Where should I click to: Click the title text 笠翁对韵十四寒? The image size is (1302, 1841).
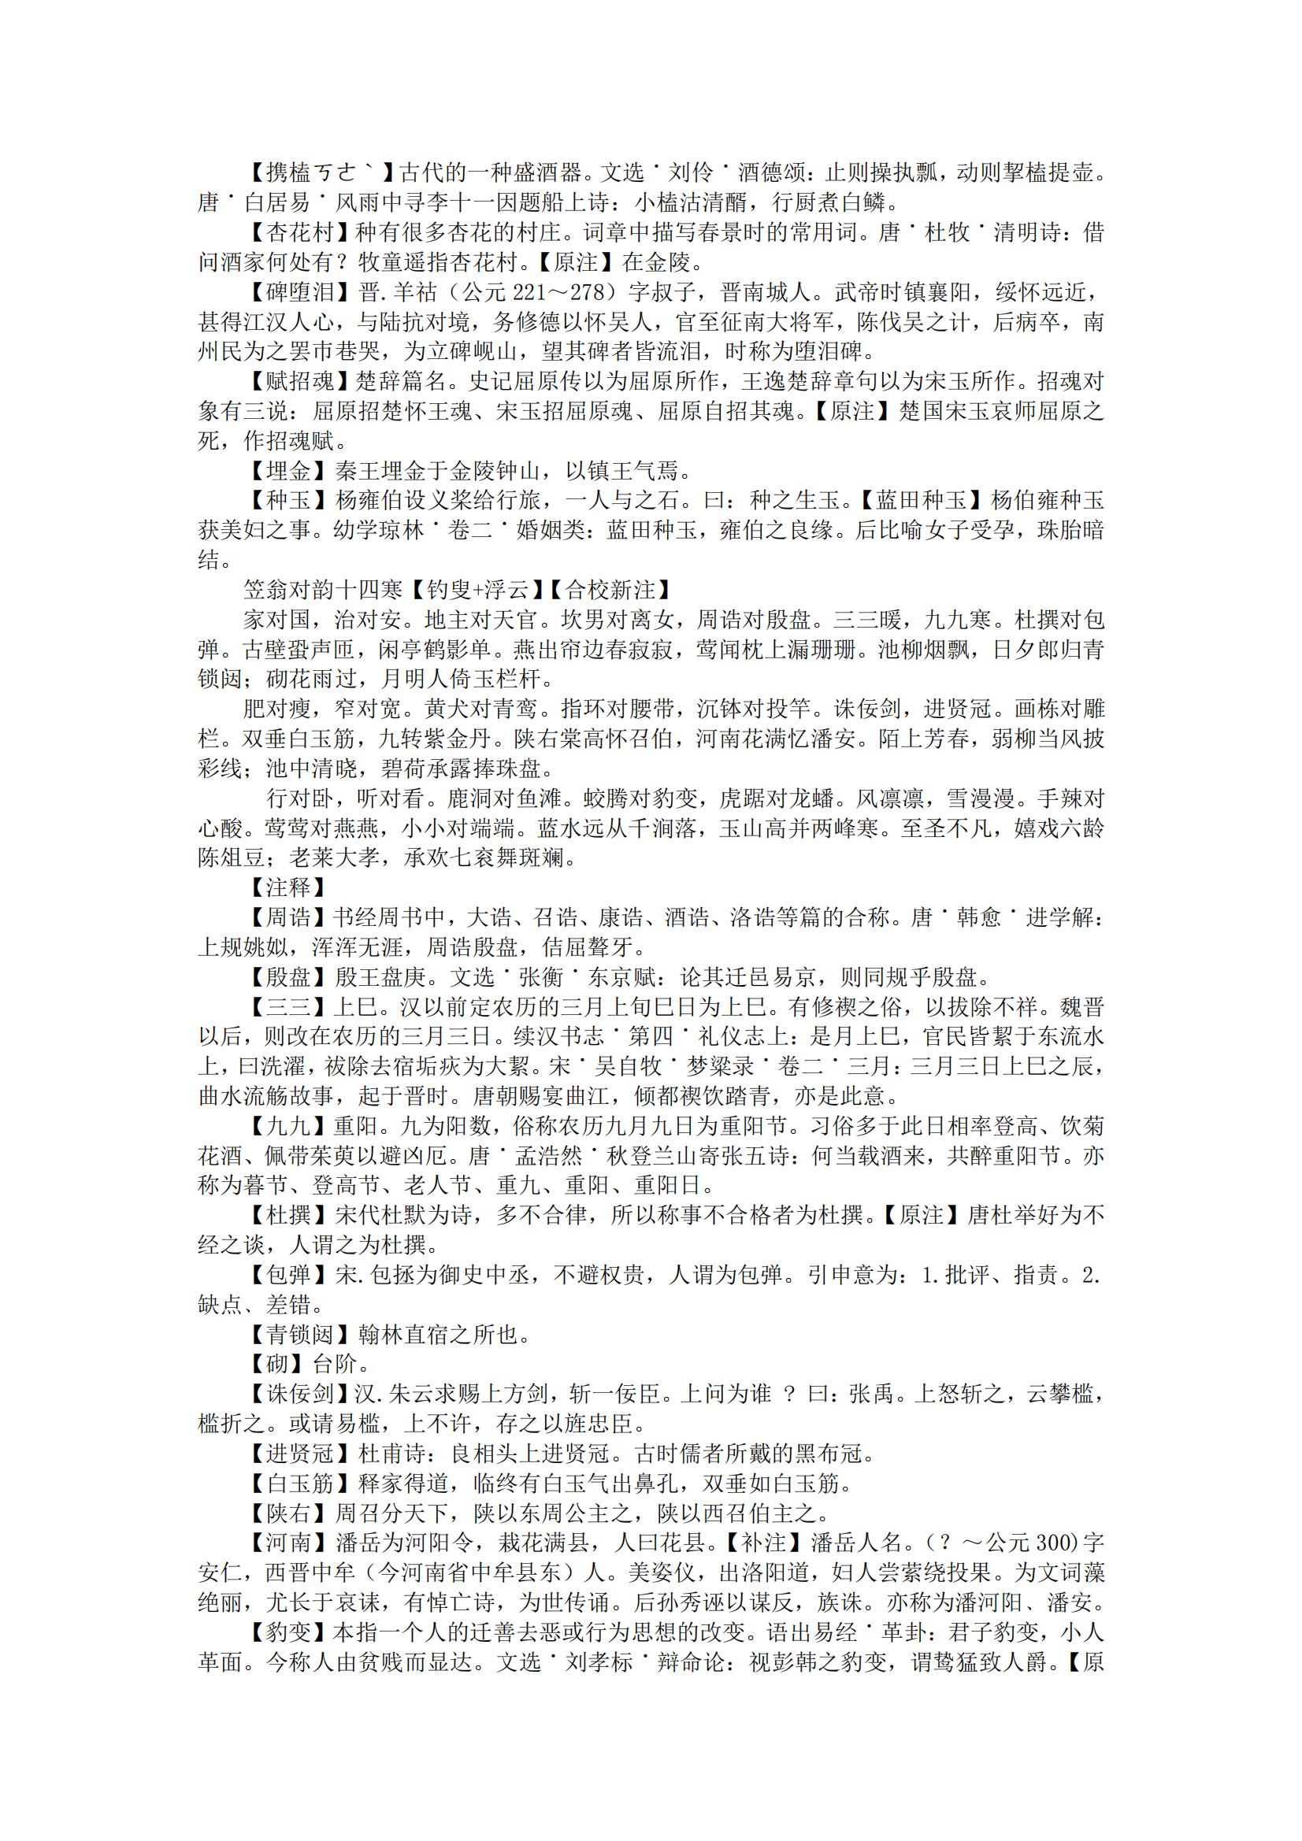323,590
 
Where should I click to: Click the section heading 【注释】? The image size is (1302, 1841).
277,887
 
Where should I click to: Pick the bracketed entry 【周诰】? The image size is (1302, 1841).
277,917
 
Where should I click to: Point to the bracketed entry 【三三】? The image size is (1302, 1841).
277,1007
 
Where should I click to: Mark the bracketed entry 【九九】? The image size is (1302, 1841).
277,1127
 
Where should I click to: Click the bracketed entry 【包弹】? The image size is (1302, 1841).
277,1275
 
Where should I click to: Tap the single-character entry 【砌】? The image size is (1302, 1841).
266,1364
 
